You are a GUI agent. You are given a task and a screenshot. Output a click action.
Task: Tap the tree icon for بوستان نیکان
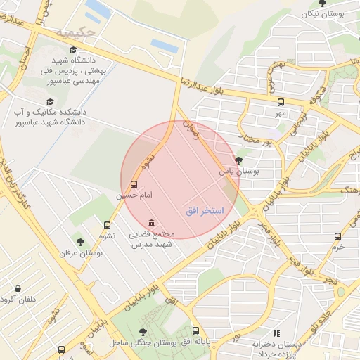click(x=323, y=3)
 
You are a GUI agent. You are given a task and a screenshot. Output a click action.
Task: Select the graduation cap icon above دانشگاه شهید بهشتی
click(x=73, y=49)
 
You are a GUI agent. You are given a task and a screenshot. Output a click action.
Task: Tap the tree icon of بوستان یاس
click(x=239, y=160)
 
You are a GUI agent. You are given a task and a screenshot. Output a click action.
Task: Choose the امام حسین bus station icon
click(x=134, y=184)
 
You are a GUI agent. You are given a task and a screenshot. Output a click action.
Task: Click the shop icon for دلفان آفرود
click(x=18, y=288)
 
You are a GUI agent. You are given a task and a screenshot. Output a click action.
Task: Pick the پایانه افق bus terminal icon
click(x=195, y=330)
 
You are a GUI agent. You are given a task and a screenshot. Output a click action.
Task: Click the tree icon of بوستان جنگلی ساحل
click(x=143, y=331)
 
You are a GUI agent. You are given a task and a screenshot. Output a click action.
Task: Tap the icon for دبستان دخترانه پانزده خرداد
click(x=276, y=333)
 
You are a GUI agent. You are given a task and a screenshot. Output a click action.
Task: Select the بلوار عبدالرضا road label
click(x=211, y=84)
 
